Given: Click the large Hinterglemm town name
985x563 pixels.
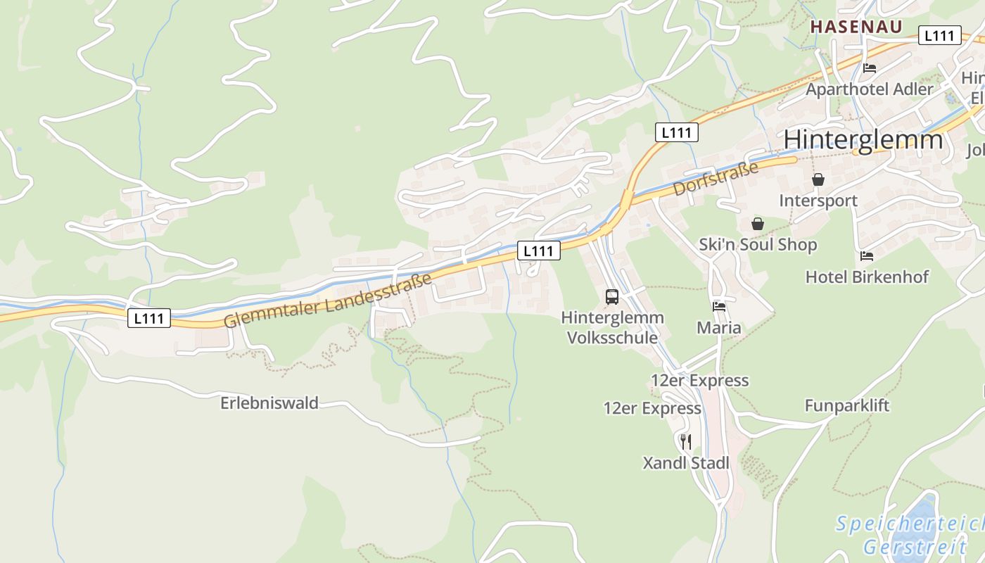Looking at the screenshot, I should pyautogui.click(x=863, y=139).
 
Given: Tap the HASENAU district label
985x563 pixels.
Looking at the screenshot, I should pyautogui.click(x=856, y=27).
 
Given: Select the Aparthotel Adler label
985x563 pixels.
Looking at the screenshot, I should pyautogui.click(x=869, y=89).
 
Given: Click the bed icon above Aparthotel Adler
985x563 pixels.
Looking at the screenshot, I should pyautogui.click(x=870, y=68).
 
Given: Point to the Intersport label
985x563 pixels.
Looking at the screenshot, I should pyautogui.click(x=818, y=201).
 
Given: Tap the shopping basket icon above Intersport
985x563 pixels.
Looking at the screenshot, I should pyautogui.click(x=818, y=180).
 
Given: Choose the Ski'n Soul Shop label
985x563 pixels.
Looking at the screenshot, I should pyautogui.click(x=758, y=245).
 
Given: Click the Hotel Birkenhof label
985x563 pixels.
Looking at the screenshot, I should pyautogui.click(x=867, y=277).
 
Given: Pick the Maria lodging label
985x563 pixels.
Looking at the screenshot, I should pyautogui.click(x=718, y=328).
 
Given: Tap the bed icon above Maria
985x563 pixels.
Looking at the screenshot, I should pyautogui.click(x=718, y=307).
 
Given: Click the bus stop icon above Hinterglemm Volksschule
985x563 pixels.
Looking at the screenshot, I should pyautogui.click(x=612, y=297).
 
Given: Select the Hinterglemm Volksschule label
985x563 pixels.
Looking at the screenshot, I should pyautogui.click(x=612, y=327).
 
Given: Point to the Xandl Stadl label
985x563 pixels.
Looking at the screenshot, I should pyautogui.click(x=686, y=463).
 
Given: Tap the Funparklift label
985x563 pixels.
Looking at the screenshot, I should pyautogui.click(x=847, y=405).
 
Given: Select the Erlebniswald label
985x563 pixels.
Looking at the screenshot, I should pyautogui.click(x=269, y=403).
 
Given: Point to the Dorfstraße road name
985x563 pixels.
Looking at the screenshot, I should pyautogui.click(x=716, y=179).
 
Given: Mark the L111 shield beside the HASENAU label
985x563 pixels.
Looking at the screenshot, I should pyautogui.click(x=939, y=36).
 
